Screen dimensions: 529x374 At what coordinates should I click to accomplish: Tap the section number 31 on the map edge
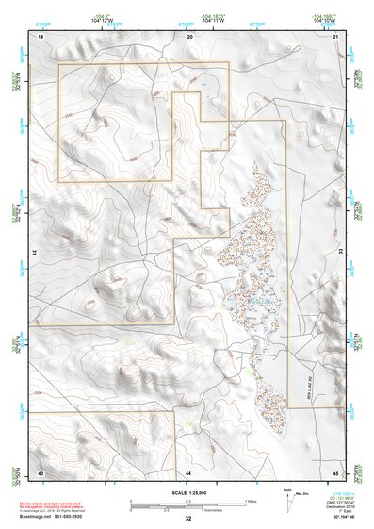click(34, 253)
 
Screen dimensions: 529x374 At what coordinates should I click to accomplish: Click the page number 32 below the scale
click(188, 519)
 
